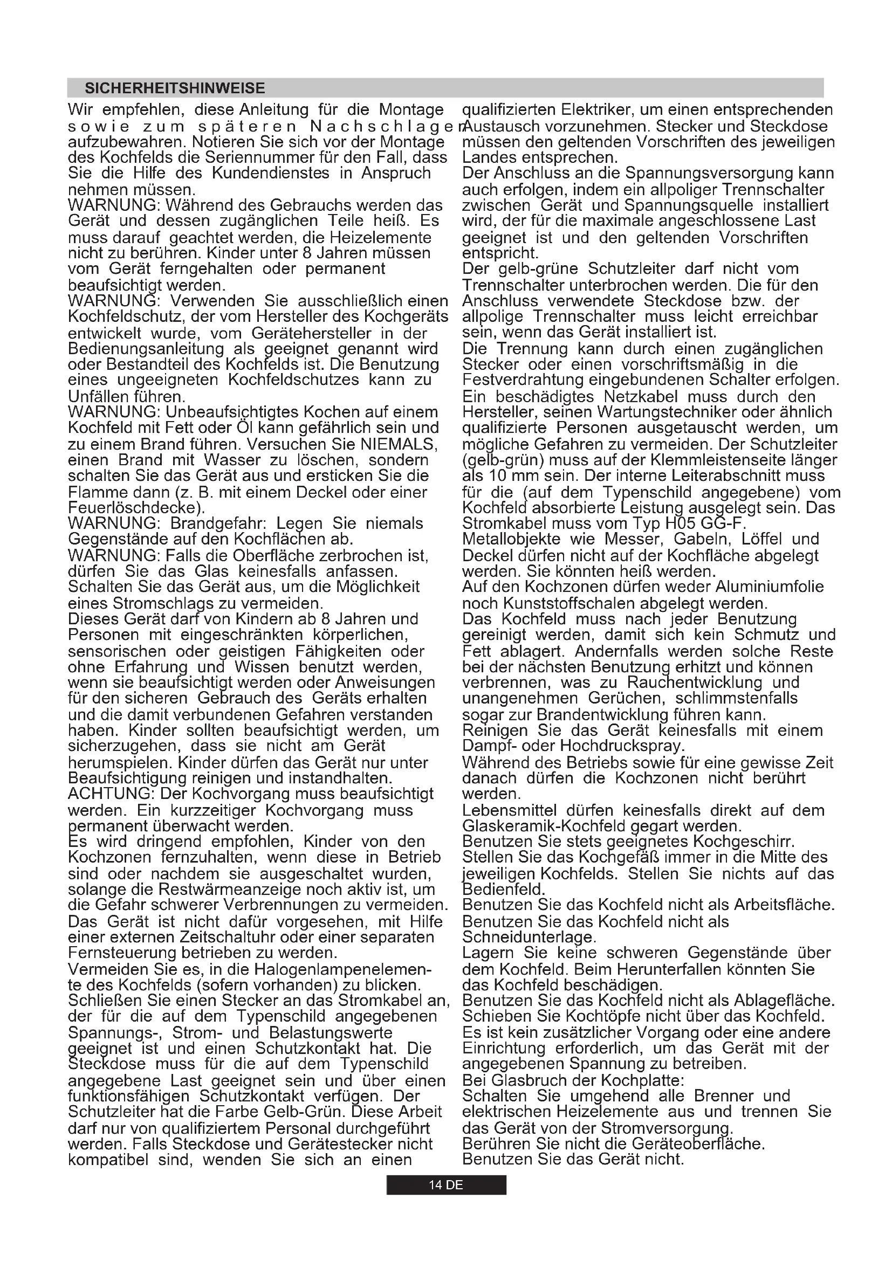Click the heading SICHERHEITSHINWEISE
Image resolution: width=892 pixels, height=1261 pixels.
click(175, 88)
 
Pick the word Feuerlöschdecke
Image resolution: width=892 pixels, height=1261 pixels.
click(135, 507)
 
